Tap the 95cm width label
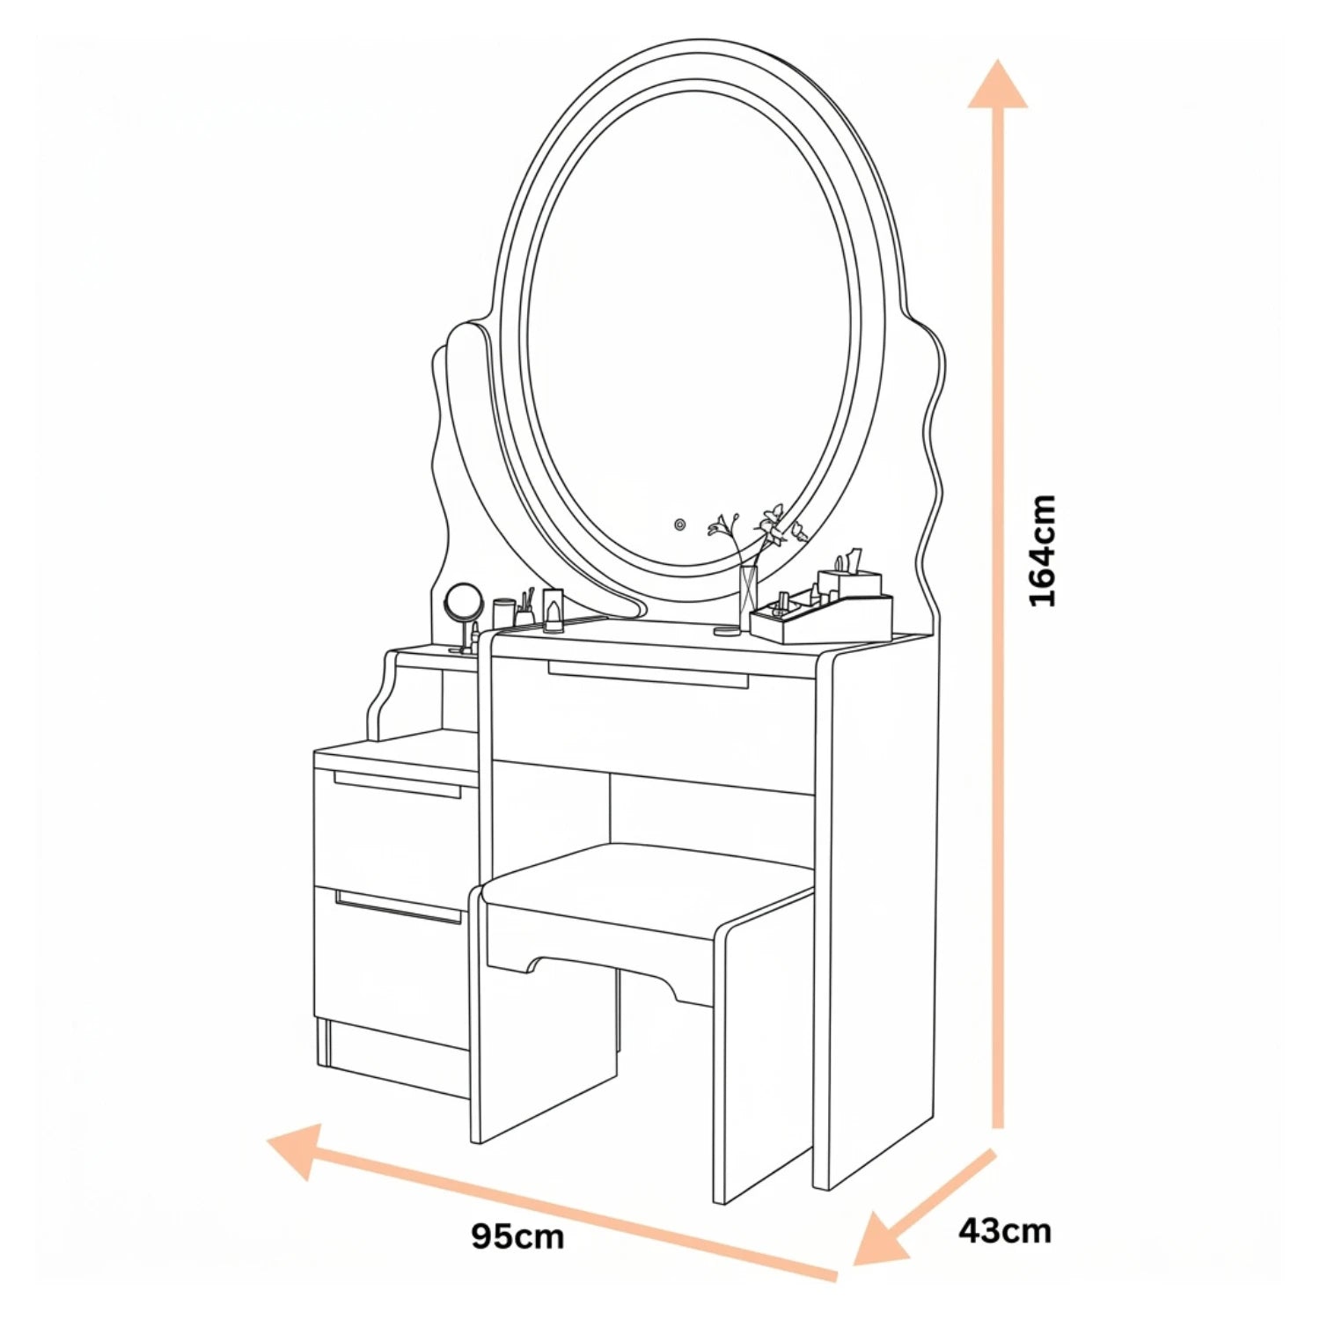pyautogui.click(x=517, y=1236)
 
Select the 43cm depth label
pyautogui.click(x=1004, y=1229)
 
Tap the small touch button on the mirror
pyautogui.click(x=679, y=524)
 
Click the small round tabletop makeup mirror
pyautogui.click(x=463, y=616)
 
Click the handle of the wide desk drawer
pyautogui.click(x=648, y=674)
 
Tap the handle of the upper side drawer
pyautogui.click(x=397, y=784)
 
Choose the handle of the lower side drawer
pyautogui.click(x=398, y=906)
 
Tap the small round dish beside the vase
pyautogui.click(x=727, y=630)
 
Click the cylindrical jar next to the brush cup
pyautogui.click(x=503, y=613)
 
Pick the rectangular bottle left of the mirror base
pyautogui.click(x=553, y=610)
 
